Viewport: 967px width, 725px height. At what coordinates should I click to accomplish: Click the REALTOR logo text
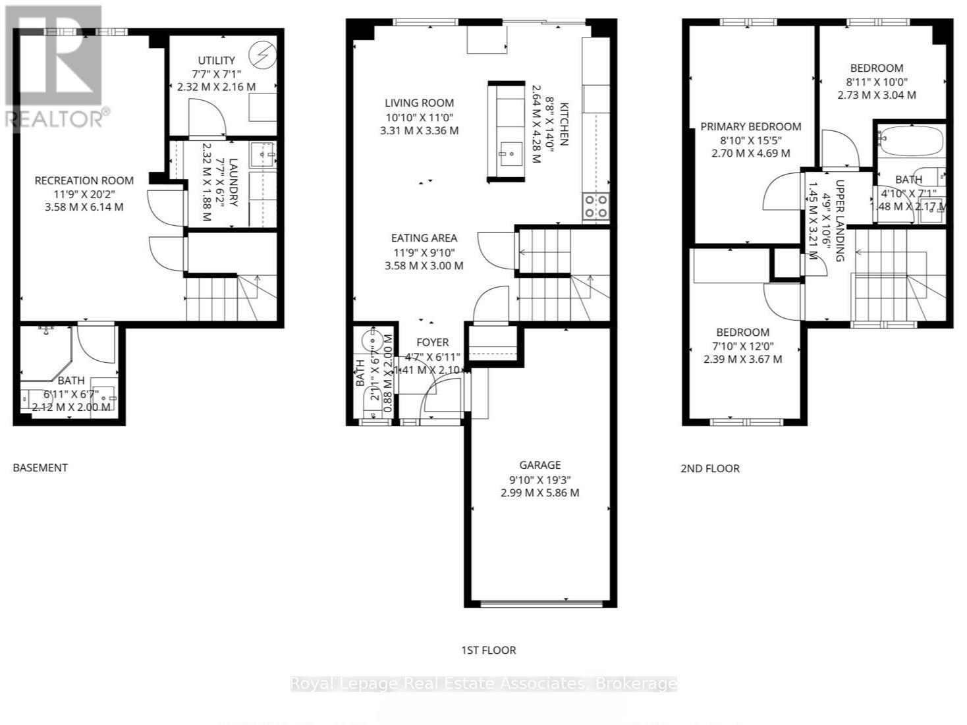54,119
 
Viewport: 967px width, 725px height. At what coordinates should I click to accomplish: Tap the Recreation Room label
84,180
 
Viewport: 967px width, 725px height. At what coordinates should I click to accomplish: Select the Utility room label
216,61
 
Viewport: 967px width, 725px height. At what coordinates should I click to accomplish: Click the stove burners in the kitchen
595,206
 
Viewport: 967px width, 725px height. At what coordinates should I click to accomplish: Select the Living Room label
419,103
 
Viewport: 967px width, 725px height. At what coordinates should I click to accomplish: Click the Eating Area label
424,238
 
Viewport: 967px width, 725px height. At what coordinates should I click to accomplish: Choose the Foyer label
432,342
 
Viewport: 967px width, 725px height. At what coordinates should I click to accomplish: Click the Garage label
539,465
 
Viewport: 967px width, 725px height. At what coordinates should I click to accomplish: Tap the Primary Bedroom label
750,126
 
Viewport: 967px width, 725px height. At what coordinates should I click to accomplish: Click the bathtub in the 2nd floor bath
912,142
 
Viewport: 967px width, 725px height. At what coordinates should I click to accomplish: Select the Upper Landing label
840,221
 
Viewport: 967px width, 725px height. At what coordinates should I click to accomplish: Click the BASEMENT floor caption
40,468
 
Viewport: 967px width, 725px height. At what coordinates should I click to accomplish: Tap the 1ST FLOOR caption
488,650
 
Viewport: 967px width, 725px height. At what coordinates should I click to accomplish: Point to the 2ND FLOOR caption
709,468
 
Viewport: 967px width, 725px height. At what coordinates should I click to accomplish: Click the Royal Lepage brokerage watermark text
484,684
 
